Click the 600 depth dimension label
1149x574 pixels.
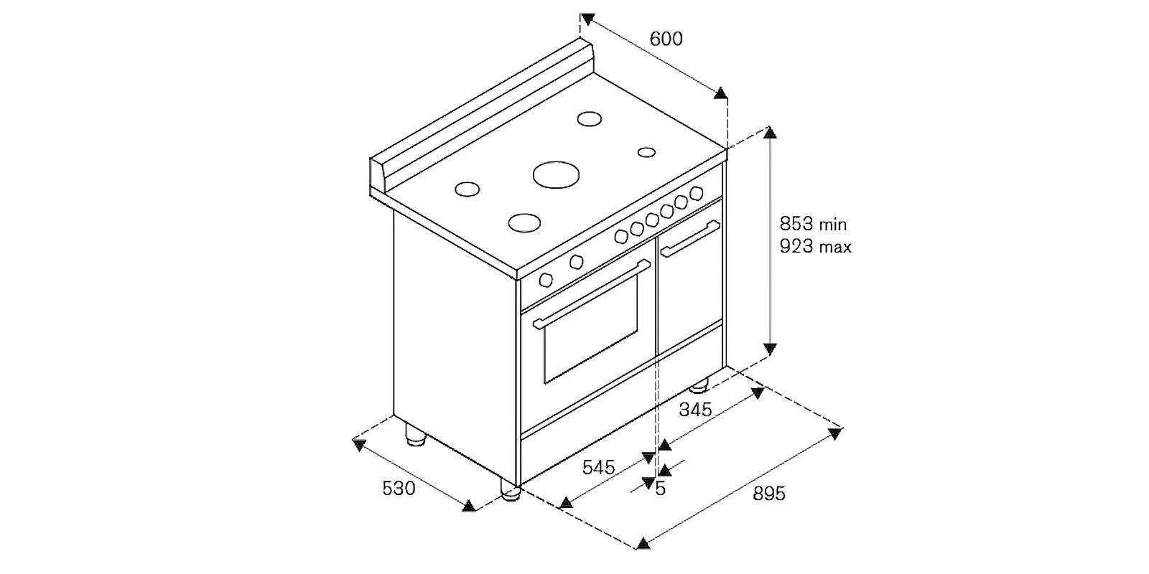coord(666,39)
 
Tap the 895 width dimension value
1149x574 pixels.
coord(769,494)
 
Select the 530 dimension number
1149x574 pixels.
coord(399,488)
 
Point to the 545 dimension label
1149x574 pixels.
coord(599,467)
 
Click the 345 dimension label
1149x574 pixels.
coord(696,410)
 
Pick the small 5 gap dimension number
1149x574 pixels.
coord(661,489)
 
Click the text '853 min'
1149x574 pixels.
coord(813,224)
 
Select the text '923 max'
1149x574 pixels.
coord(816,247)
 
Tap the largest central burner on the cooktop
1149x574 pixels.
coord(556,174)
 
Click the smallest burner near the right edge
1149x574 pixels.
coord(646,152)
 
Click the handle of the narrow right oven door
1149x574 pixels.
coord(690,238)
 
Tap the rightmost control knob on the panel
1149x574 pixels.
coord(696,193)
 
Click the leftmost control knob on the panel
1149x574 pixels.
coord(546,280)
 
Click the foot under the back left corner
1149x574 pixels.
coord(416,434)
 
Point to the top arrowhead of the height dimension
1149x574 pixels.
coord(769,132)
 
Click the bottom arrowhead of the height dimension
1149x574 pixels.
coord(769,349)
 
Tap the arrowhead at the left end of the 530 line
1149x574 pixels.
coord(359,445)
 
